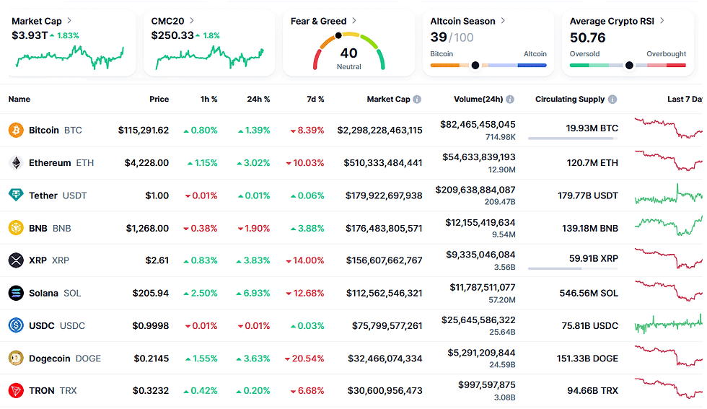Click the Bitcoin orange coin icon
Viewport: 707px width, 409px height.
pyautogui.click(x=15, y=131)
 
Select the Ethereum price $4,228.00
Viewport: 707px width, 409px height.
pyautogui.click(x=146, y=163)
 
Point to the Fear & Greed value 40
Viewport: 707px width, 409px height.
pyautogui.click(x=348, y=53)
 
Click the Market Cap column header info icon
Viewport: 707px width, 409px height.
pyautogui.click(x=417, y=100)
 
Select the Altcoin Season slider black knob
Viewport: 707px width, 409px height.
pyautogui.click(x=475, y=66)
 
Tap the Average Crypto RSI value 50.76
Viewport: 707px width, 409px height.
pyautogui.click(x=587, y=38)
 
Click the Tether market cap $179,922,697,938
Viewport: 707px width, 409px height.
pyautogui.click(x=379, y=195)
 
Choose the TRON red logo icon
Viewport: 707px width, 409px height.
pyautogui.click(x=15, y=391)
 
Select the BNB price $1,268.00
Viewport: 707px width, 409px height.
pyautogui.click(x=147, y=229)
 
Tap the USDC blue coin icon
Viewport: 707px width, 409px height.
pyautogui.click(x=15, y=326)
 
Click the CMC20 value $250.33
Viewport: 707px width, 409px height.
pyautogui.click(x=172, y=35)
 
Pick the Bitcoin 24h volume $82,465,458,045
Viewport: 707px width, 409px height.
pyautogui.click(x=478, y=125)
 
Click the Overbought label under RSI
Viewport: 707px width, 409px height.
pyautogui.click(x=666, y=54)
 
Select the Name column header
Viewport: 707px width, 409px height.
pyautogui.click(x=19, y=100)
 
